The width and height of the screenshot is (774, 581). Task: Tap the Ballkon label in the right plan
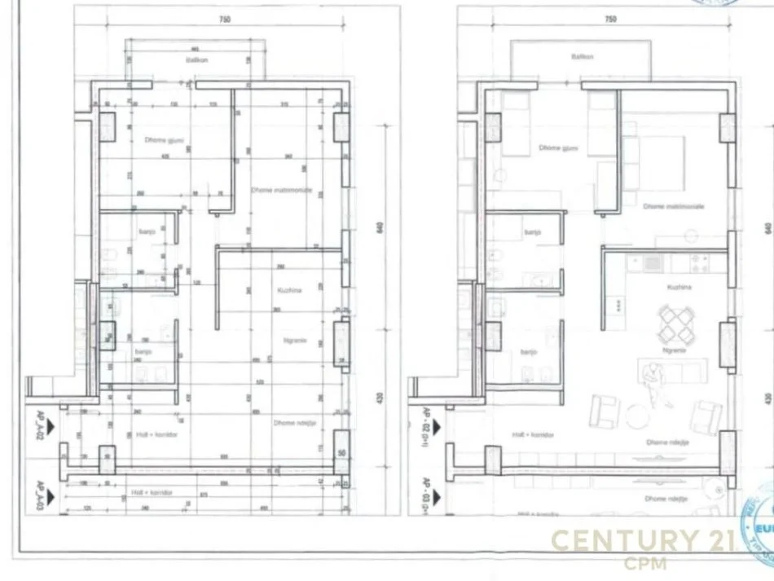[x=582, y=57]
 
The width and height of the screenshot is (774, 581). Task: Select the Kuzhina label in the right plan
[x=679, y=288]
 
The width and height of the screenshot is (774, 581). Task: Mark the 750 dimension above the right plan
[x=611, y=19]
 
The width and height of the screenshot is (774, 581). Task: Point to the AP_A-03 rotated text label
[x=38, y=495]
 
